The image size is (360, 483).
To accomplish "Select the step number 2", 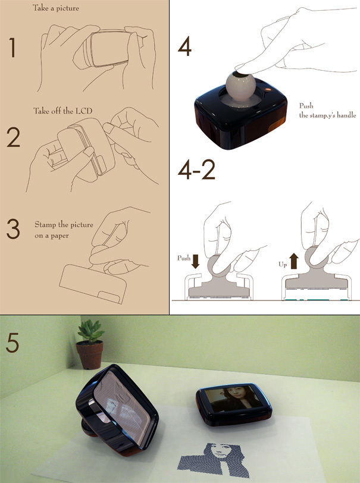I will tap(13, 137).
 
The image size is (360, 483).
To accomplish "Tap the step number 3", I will tap(13, 230).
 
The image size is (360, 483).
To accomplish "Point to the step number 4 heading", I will tap(185, 47).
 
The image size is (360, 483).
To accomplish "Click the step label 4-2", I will tap(196, 170).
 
